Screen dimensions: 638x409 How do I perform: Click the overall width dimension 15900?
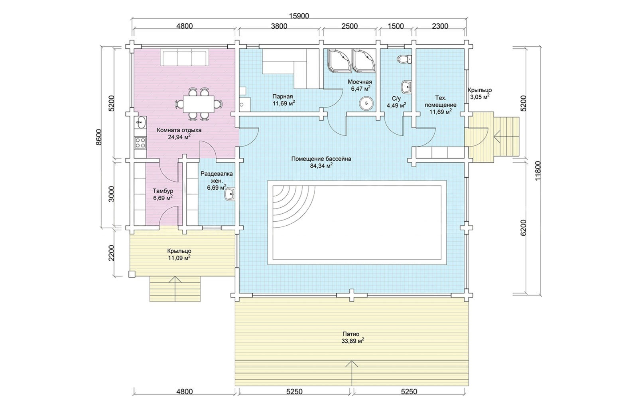tap(299, 16)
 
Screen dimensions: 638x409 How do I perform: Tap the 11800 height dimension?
tap(538, 171)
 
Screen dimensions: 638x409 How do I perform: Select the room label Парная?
tap(282, 96)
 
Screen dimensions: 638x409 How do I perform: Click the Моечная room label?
tap(360, 82)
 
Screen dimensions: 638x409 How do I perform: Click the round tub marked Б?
tap(366, 103)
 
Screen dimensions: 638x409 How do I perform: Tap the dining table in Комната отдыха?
tap(199, 104)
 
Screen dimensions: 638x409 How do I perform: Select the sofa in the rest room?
tap(184, 58)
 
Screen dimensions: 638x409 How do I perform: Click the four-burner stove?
tap(140, 142)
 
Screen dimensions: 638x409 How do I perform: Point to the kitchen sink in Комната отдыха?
tap(140, 123)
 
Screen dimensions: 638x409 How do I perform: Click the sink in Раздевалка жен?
tap(230, 195)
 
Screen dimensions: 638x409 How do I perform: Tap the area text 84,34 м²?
tap(321, 166)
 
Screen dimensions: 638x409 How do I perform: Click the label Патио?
tap(351, 334)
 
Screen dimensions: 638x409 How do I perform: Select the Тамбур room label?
tap(163, 191)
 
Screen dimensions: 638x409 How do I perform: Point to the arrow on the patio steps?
tap(352, 373)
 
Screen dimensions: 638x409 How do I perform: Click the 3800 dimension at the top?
tap(279, 26)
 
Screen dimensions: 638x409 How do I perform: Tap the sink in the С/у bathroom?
tap(406, 87)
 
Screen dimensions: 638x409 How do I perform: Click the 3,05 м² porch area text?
tap(480, 97)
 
